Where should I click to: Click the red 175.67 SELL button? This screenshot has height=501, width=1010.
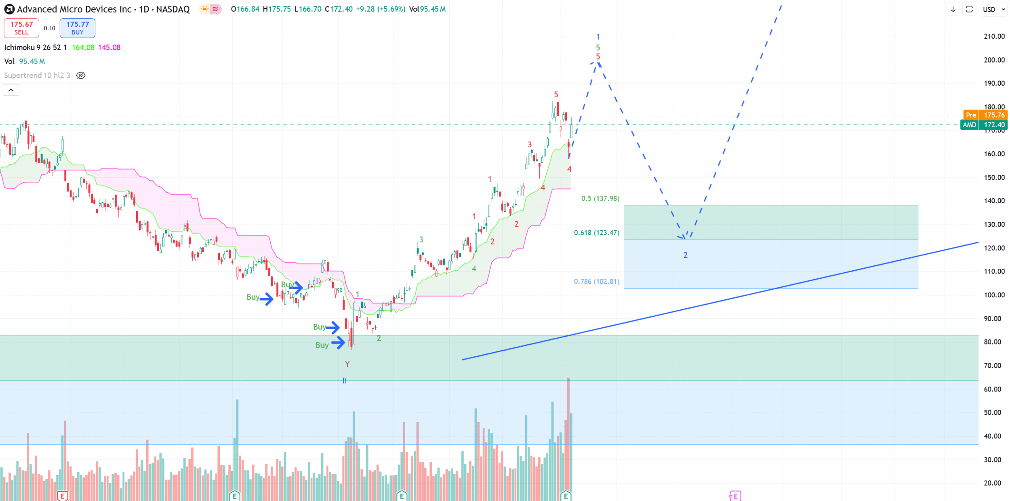point(21,28)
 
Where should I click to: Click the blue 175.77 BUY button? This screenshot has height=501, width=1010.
point(78,28)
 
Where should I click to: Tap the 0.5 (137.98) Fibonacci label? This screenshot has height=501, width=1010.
point(600,198)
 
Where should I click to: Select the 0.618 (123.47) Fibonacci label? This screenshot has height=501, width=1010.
point(596,233)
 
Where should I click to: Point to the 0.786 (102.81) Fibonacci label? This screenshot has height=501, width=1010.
point(596,282)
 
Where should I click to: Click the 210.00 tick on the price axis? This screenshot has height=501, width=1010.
point(994,36)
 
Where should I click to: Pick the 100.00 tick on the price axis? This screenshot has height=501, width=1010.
point(994,295)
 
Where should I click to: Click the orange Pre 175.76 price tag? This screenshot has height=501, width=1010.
point(985,115)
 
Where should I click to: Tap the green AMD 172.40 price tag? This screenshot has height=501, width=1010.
point(984,125)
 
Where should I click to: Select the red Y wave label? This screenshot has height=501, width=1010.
point(347,364)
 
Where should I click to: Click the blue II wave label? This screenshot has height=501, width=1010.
point(345,381)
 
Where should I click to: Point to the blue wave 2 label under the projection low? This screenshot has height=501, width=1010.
point(685,255)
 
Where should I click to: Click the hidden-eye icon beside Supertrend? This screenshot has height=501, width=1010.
point(81,76)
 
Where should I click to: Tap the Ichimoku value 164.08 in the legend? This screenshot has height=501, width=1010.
point(83,48)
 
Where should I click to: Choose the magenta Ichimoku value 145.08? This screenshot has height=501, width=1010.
point(109,48)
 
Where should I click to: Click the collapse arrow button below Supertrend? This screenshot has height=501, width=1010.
point(11,90)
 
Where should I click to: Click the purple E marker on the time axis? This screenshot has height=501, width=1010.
point(735,496)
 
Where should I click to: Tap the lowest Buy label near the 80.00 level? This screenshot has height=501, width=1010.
point(322,345)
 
